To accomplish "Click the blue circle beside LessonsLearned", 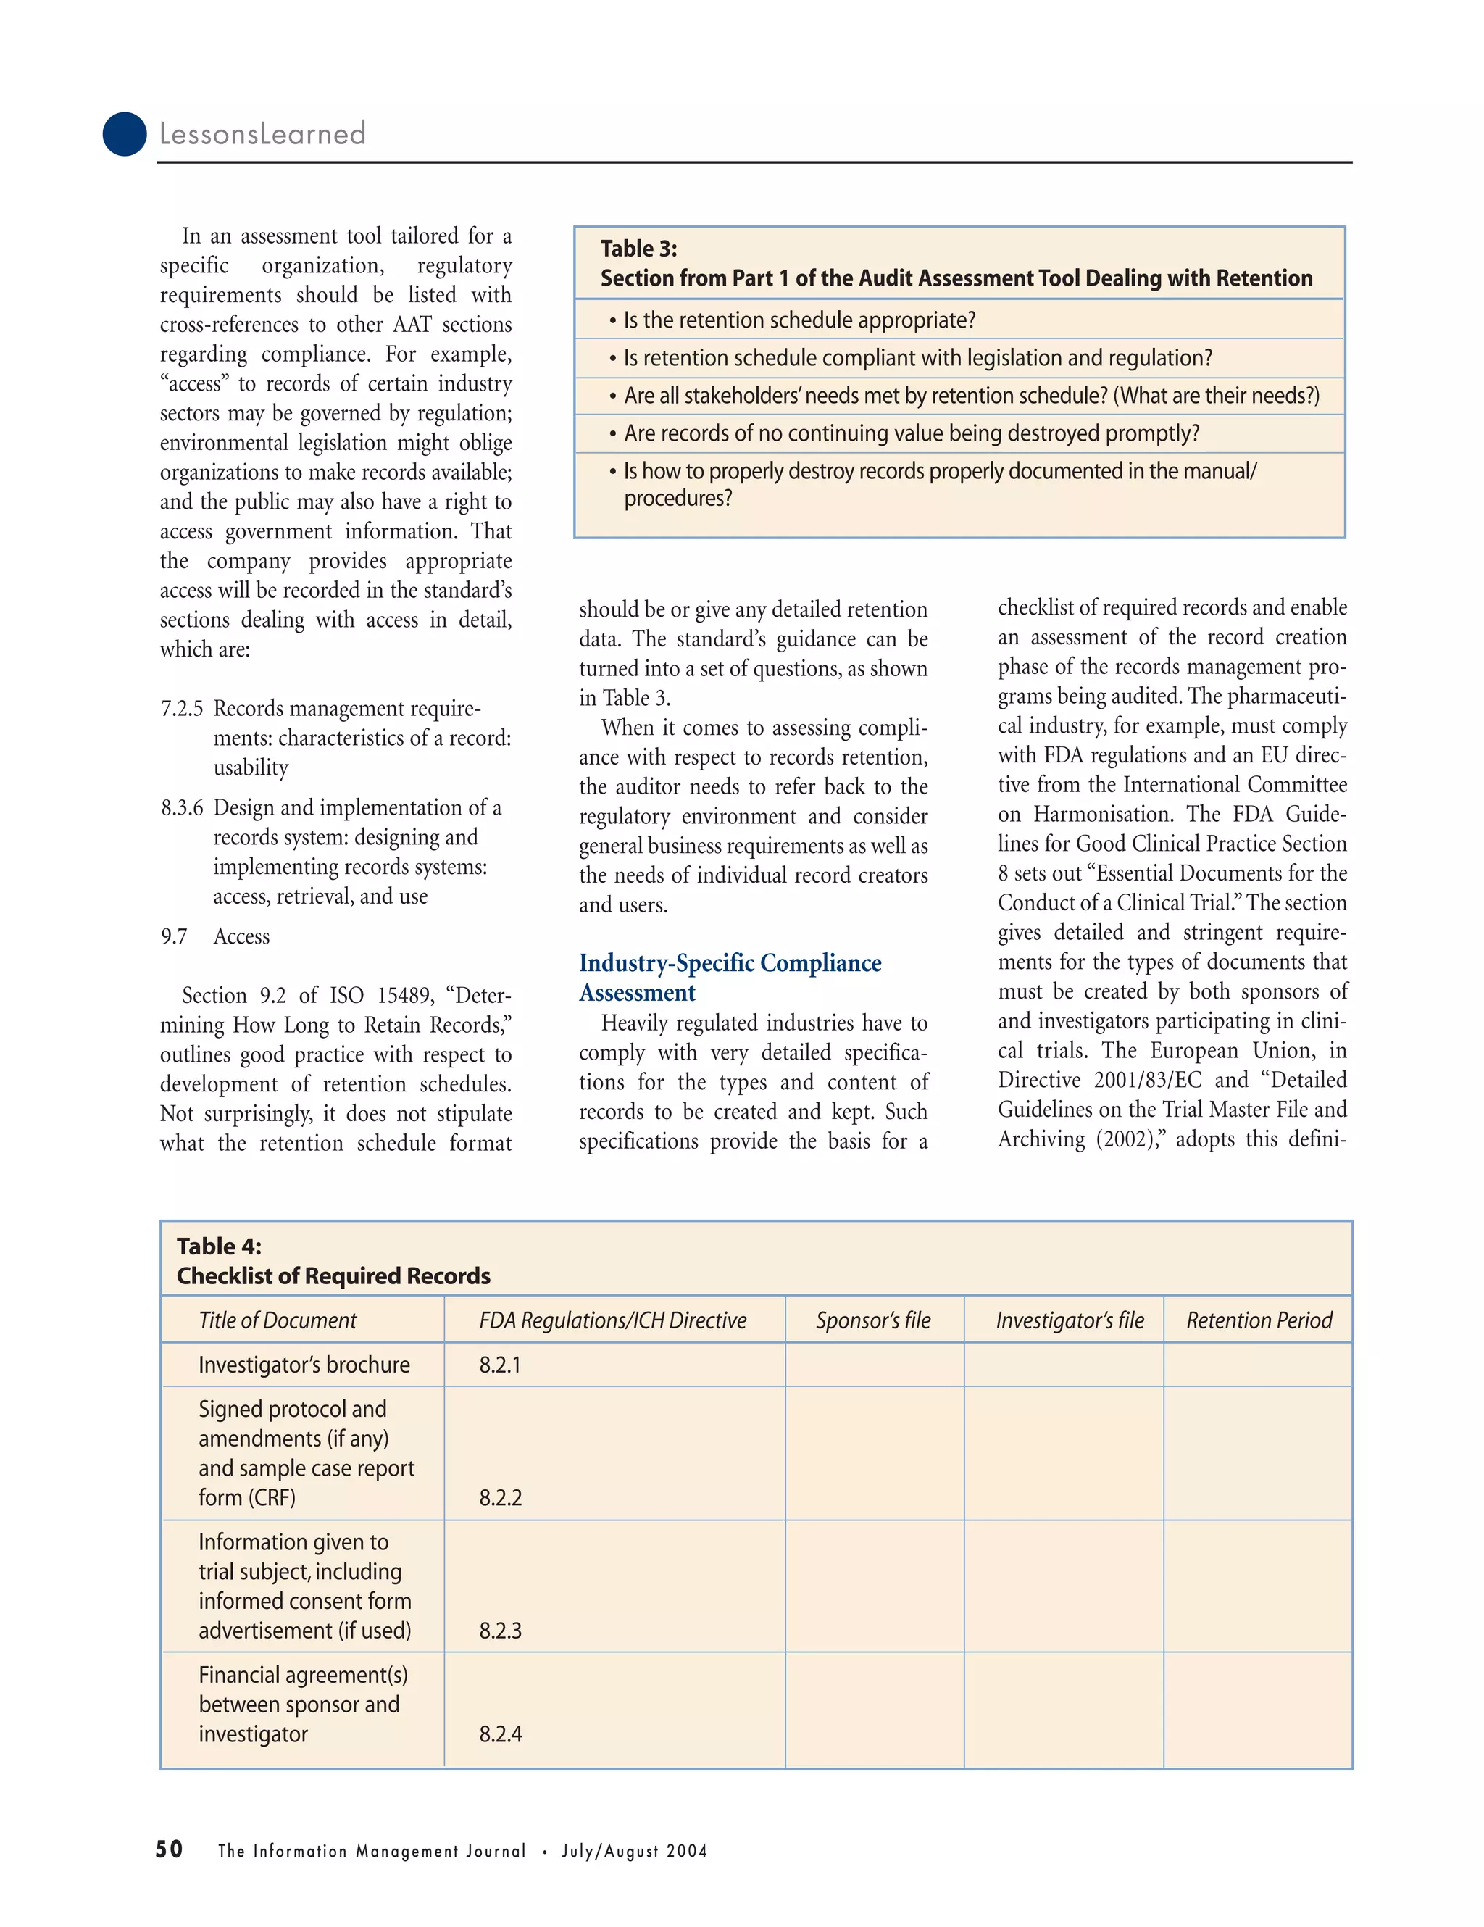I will (x=125, y=134).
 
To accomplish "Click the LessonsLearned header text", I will (x=262, y=134).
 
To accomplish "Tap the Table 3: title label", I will (x=639, y=249).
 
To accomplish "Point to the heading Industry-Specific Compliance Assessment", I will (x=730, y=978).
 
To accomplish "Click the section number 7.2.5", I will (x=182, y=709).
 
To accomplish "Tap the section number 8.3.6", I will (x=182, y=807).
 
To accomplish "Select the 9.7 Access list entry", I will (x=215, y=936).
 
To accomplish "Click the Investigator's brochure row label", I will (x=304, y=1365).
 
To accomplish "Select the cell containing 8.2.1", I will (x=500, y=1365).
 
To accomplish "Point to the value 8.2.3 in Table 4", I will (x=500, y=1631).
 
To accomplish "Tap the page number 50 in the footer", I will (x=170, y=1849).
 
